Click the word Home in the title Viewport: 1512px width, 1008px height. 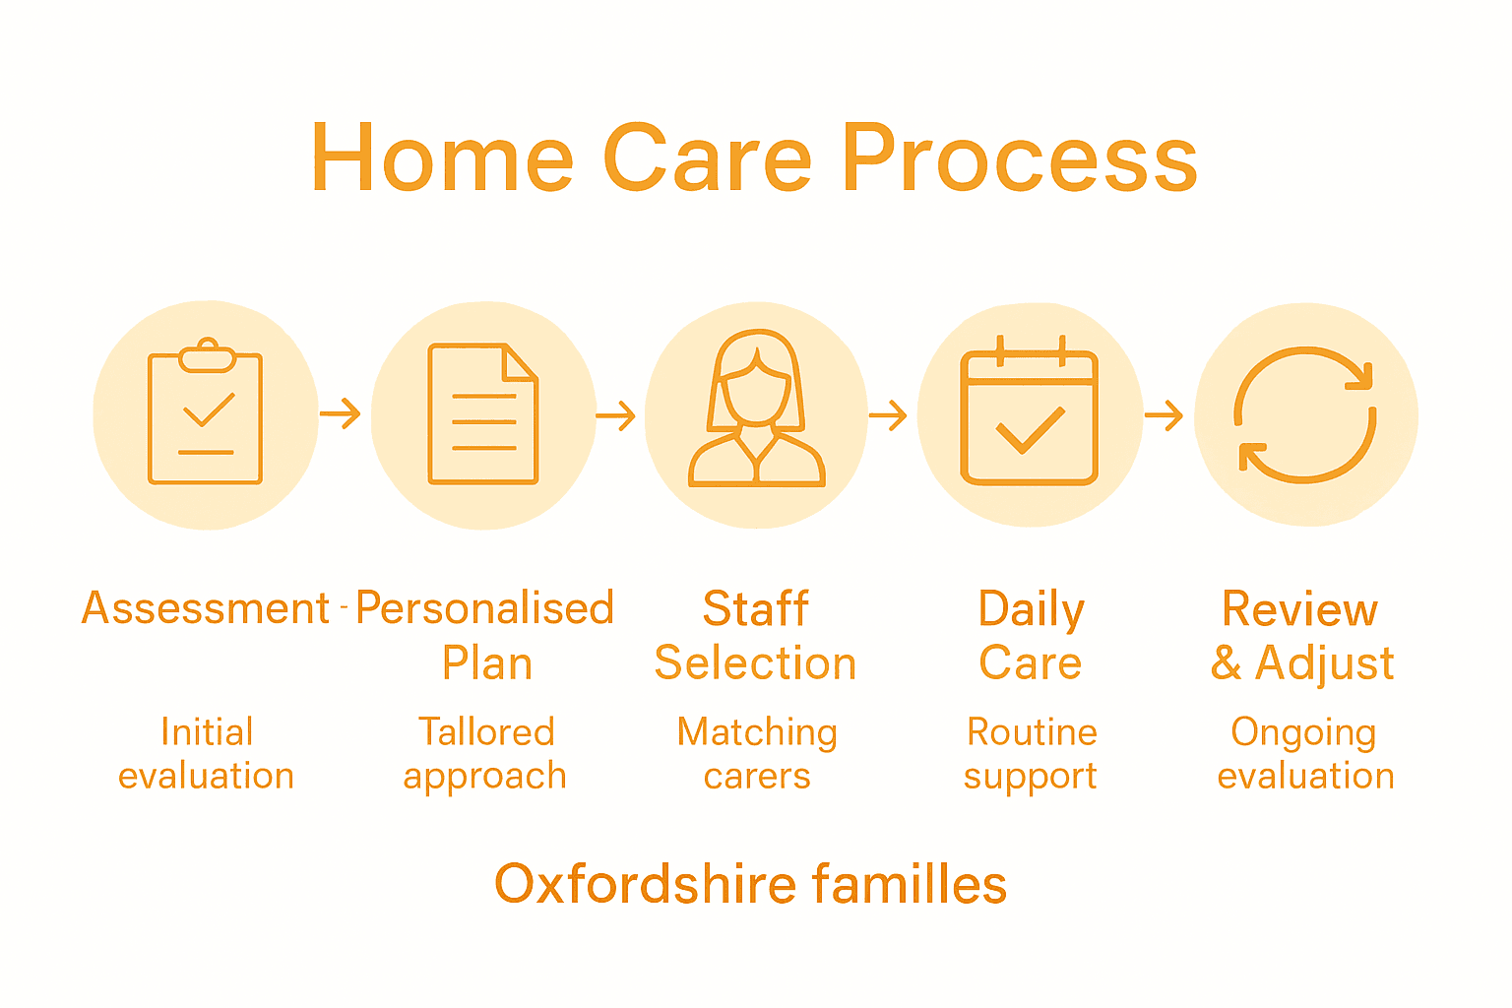tap(442, 158)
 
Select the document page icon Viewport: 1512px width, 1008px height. tap(482, 414)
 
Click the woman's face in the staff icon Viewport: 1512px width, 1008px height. tap(756, 389)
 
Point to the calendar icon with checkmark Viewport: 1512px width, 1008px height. tap(1029, 414)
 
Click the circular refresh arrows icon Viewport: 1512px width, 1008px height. tap(1305, 414)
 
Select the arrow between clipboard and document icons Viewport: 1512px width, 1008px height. tap(341, 414)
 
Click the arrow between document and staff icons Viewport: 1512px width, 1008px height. tap(616, 416)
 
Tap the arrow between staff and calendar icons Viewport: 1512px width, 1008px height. tap(888, 415)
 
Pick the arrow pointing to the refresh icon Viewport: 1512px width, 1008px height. tap(1164, 415)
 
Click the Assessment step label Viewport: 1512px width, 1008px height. tap(206, 608)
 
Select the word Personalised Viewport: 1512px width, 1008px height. tap(484, 608)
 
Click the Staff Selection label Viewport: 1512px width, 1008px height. tap(756, 636)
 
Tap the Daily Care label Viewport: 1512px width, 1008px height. tap(1031, 636)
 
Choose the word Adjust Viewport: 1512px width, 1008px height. tap(1325, 663)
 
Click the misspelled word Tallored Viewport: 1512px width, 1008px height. tap(486, 732)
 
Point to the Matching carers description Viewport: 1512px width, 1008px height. tap(757, 754)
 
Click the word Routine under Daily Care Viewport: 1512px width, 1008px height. tap(1032, 732)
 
